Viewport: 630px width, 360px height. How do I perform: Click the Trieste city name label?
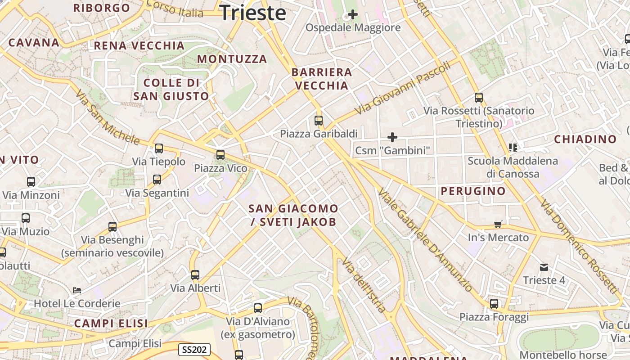253,13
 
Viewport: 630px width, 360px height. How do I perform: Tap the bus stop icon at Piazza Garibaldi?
319,120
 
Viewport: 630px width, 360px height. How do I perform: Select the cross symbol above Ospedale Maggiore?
353,14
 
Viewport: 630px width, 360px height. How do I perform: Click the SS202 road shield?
194,350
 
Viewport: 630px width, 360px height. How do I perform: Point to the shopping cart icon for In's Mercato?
498,224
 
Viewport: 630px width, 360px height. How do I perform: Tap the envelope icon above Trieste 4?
544,267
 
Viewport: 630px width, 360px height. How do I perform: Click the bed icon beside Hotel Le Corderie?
77,290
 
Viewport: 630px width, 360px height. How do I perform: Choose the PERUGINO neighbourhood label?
473,191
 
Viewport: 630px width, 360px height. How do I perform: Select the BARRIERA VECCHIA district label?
322,79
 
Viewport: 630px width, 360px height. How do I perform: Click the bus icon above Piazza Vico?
220,155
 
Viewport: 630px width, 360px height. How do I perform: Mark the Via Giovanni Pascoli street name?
402,88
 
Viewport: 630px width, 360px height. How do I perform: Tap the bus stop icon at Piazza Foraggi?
494,304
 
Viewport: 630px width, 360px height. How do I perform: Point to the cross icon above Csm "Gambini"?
392,137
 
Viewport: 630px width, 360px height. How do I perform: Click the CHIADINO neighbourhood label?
585,139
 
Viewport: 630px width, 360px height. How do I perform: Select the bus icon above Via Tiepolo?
158,148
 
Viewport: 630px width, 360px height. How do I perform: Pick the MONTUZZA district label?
232,59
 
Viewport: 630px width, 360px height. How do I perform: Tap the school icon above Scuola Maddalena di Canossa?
513,147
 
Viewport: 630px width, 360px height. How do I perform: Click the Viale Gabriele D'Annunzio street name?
425,239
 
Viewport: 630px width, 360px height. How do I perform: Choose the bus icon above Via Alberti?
195,274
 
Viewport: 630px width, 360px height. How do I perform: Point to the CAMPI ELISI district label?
111,323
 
